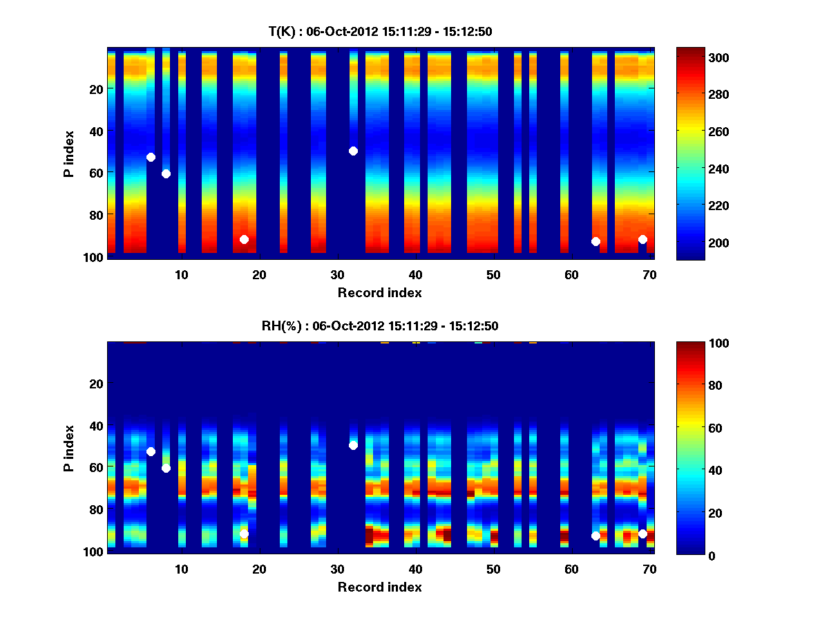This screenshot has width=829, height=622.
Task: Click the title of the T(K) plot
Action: (380, 31)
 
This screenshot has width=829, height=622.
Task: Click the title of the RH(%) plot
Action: (380, 326)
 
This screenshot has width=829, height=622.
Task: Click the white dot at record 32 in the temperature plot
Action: (353, 151)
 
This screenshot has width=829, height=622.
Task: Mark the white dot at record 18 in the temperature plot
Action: (244, 239)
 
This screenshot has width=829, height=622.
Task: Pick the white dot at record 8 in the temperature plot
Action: (166, 173)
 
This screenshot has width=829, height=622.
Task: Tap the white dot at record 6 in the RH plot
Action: (151, 451)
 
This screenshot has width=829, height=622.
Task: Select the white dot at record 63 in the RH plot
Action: (595, 536)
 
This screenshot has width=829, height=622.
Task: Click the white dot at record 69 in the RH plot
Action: (642, 534)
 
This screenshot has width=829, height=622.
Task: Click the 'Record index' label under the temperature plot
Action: (380, 292)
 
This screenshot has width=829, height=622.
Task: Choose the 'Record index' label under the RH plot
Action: (380, 587)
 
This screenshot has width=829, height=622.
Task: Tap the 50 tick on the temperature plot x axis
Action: (493, 274)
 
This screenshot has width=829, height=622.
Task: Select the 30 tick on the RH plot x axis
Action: (337, 569)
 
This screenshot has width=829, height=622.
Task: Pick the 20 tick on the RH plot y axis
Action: (97, 384)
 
